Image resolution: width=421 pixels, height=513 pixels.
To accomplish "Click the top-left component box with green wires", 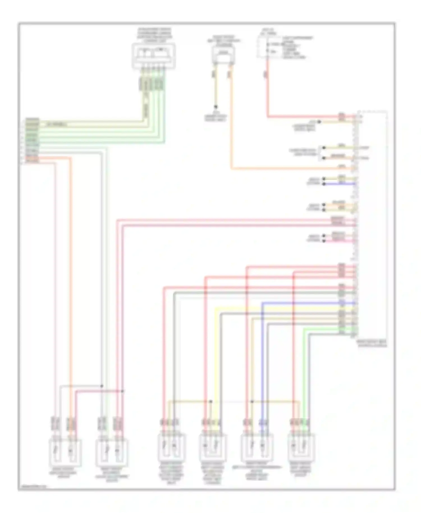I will [154, 56].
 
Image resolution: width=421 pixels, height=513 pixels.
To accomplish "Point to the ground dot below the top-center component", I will [216, 107].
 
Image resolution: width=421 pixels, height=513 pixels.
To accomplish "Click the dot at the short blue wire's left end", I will [324, 184].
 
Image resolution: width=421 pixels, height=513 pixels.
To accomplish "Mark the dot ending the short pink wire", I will [324, 241].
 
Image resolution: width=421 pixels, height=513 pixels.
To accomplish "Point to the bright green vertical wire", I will [304, 373].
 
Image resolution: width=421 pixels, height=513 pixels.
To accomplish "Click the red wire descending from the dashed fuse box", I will [267, 90].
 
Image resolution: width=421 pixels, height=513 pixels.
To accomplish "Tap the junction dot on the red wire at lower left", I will [122, 391].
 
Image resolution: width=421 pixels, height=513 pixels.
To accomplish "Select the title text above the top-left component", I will [154, 35].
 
